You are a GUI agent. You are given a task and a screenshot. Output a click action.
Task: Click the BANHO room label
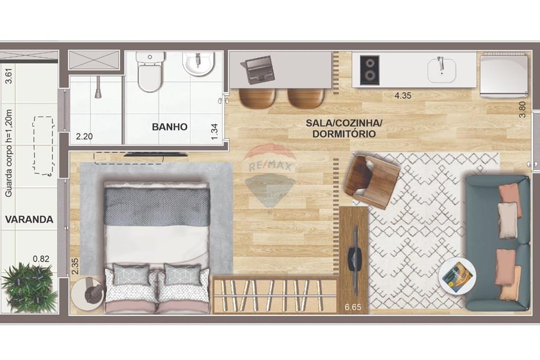pyautogui.click(x=170, y=127)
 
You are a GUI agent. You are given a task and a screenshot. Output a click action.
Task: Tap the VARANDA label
pyautogui.click(x=29, y=220)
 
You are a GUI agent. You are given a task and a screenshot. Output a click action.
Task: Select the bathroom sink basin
pyautogui.click(x=198, y=64)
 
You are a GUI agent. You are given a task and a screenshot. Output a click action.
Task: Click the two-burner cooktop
pyautogui.click(x=370, y=70)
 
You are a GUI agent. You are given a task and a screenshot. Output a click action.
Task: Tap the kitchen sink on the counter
pyautogui.click(x=441, y=70)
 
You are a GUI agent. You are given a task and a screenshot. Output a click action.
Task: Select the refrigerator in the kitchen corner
pyautogui.click(x=504, y=75)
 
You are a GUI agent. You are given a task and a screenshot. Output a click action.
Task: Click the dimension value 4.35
pyautogui.click(x=403, y=96)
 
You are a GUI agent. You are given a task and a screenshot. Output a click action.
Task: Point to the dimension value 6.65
pyautogui.click(x=353, y=308)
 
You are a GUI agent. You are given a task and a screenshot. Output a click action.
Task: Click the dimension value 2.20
pyautogui.click(x=84, y=137)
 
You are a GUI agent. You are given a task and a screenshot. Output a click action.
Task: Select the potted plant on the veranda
pyautogui.click(x=29, y=287)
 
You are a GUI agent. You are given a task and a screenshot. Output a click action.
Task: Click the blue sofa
pyautogui.click(x=497, y=243)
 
